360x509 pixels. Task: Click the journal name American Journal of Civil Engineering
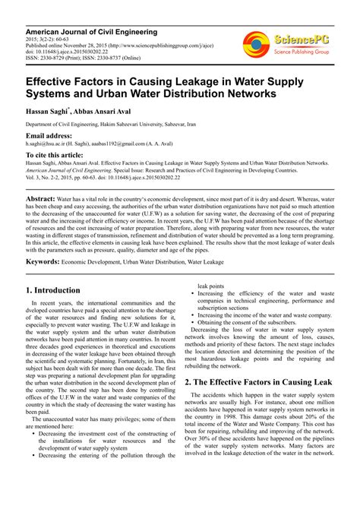click(x=91, y=32)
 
